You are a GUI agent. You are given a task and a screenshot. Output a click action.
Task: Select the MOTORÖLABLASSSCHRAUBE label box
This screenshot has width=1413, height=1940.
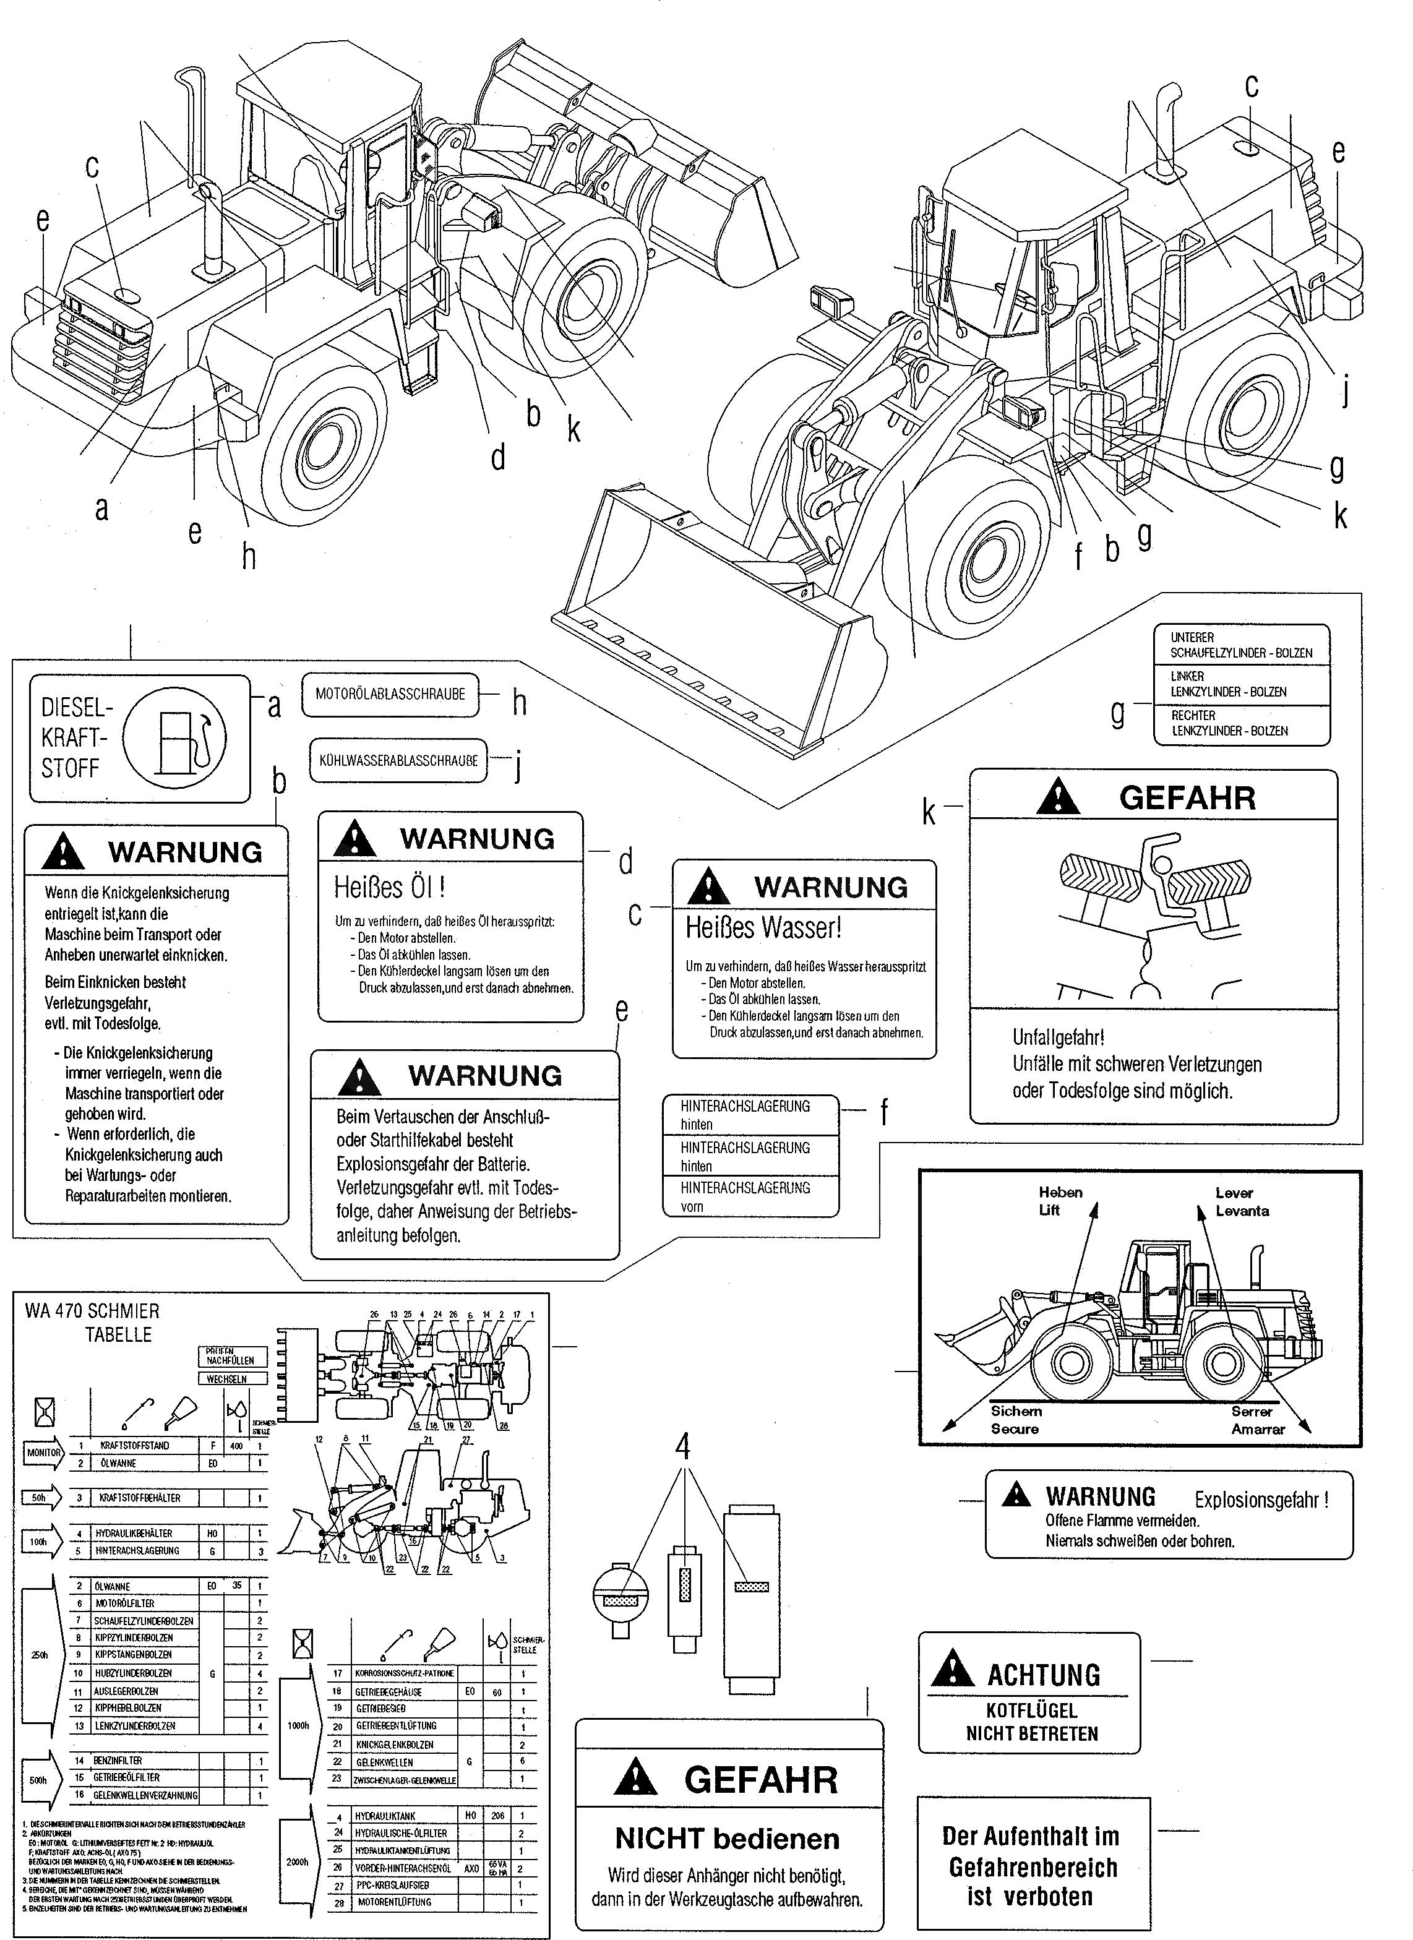coord(390,693)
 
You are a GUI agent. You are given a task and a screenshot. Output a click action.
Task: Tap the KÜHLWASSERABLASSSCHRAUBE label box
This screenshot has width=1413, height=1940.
coord(398,760)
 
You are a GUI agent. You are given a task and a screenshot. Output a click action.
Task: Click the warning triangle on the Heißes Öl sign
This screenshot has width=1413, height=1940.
coord(355,838)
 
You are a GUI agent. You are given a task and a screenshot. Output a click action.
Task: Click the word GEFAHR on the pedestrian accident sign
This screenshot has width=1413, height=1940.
coord(1187,798)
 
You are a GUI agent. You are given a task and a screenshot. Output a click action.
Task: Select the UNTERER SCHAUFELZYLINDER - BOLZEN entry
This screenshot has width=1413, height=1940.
coord(1240,645)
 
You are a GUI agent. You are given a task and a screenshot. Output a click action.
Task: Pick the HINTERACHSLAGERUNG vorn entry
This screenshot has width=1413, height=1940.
coord(744,1196)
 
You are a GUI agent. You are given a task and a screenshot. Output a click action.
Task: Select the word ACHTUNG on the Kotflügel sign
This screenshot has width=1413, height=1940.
coord(1044,1675)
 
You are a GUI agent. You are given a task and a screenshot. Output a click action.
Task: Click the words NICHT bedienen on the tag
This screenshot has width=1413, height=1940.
coord(727,1838)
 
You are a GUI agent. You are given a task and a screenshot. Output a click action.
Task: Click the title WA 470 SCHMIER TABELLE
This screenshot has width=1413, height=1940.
coord(94,1321)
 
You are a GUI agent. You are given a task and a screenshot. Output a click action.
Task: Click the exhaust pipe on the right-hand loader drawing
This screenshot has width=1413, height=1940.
coord(1167,132)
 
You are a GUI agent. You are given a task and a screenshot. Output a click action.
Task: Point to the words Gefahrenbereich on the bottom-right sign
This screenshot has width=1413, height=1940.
coord(1033,1867)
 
